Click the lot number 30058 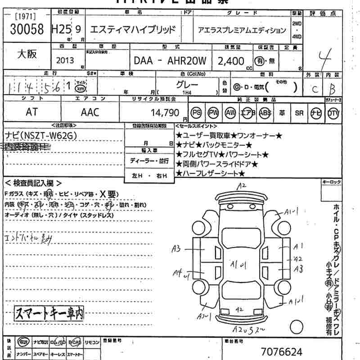pos(26,30)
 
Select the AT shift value pos(31,113)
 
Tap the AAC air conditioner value pos(90,113)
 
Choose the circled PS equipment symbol pos(196,113)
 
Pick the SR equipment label pos(299,113)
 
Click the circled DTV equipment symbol pos(333,113)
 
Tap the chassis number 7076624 pos(282,351)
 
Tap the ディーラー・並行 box pos(149,161)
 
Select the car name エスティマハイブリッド pos(133,30)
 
